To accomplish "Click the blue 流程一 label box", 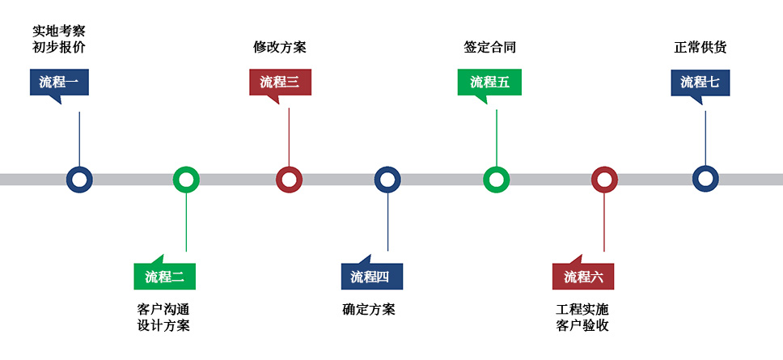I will click(x=58, y=82).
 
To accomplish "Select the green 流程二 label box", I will click(x=164, y=277).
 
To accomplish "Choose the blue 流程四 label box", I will click(x=371, y=277).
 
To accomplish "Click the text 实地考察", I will click(x=58, y=31).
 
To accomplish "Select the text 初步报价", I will click(x=58, y=47).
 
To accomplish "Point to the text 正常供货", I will click(x=700, y=47).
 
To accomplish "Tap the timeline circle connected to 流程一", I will click(x=79, y=180).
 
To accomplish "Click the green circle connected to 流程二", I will click(x=186, y=180).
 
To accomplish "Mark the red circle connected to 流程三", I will click(x=289, y=180).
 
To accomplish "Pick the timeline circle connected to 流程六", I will click(x=604, y=180).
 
